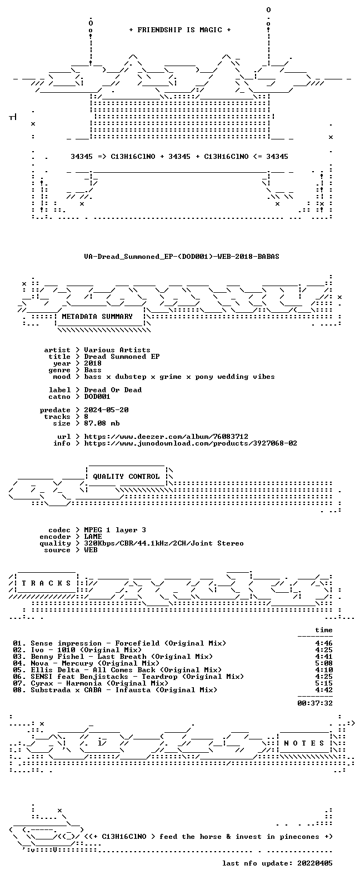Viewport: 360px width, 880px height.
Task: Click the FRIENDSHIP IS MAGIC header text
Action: tap(180, 30)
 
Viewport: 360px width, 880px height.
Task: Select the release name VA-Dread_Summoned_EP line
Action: tap(182, 257)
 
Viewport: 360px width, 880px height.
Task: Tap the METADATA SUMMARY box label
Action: tap(97, 317)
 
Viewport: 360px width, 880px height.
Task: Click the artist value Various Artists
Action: tap(117, 350)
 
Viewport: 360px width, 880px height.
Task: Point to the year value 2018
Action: tap(93, 363)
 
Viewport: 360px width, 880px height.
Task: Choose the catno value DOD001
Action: tap(97, 397)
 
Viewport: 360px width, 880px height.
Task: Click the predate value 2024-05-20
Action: tap(106, 410)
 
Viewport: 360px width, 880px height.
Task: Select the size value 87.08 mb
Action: tap(102, 423)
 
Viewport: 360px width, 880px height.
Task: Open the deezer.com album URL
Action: tap(166, 437)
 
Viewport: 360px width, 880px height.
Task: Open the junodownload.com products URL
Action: tap(191, 443)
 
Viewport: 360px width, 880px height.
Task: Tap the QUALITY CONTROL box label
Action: tap(126, 477)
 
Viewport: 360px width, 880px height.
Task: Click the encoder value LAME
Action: tap(93, 537)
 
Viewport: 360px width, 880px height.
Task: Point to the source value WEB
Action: tap(91, 550)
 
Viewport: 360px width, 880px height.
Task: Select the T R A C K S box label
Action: tap(46, 583)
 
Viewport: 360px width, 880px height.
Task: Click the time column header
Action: tap(324, 630)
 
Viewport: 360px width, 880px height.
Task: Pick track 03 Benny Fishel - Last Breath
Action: tap(113, 657)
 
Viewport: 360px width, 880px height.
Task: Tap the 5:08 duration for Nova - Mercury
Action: tap(324, 663)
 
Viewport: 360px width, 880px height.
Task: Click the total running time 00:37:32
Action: tap(315, 703)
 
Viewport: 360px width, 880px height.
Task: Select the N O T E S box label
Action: tap(304, 743)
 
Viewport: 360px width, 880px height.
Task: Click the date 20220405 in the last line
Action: tap(315, 863)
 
